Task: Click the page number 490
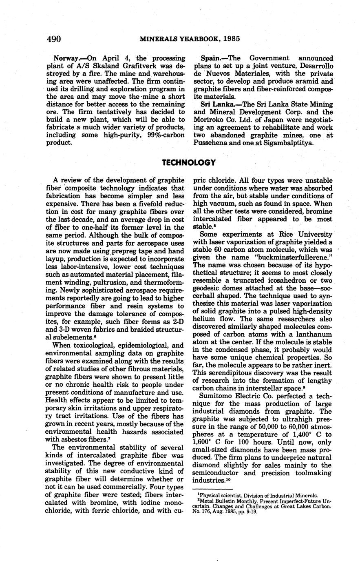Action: point(54,39)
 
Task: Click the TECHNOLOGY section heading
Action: point(188,163)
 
